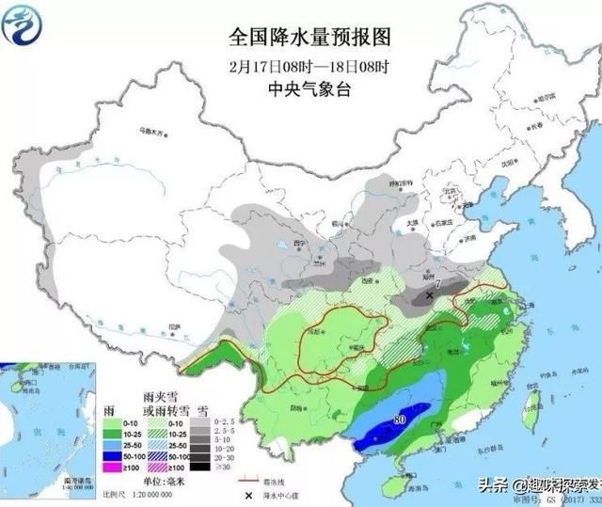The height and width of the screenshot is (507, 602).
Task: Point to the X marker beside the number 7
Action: (430, 295)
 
